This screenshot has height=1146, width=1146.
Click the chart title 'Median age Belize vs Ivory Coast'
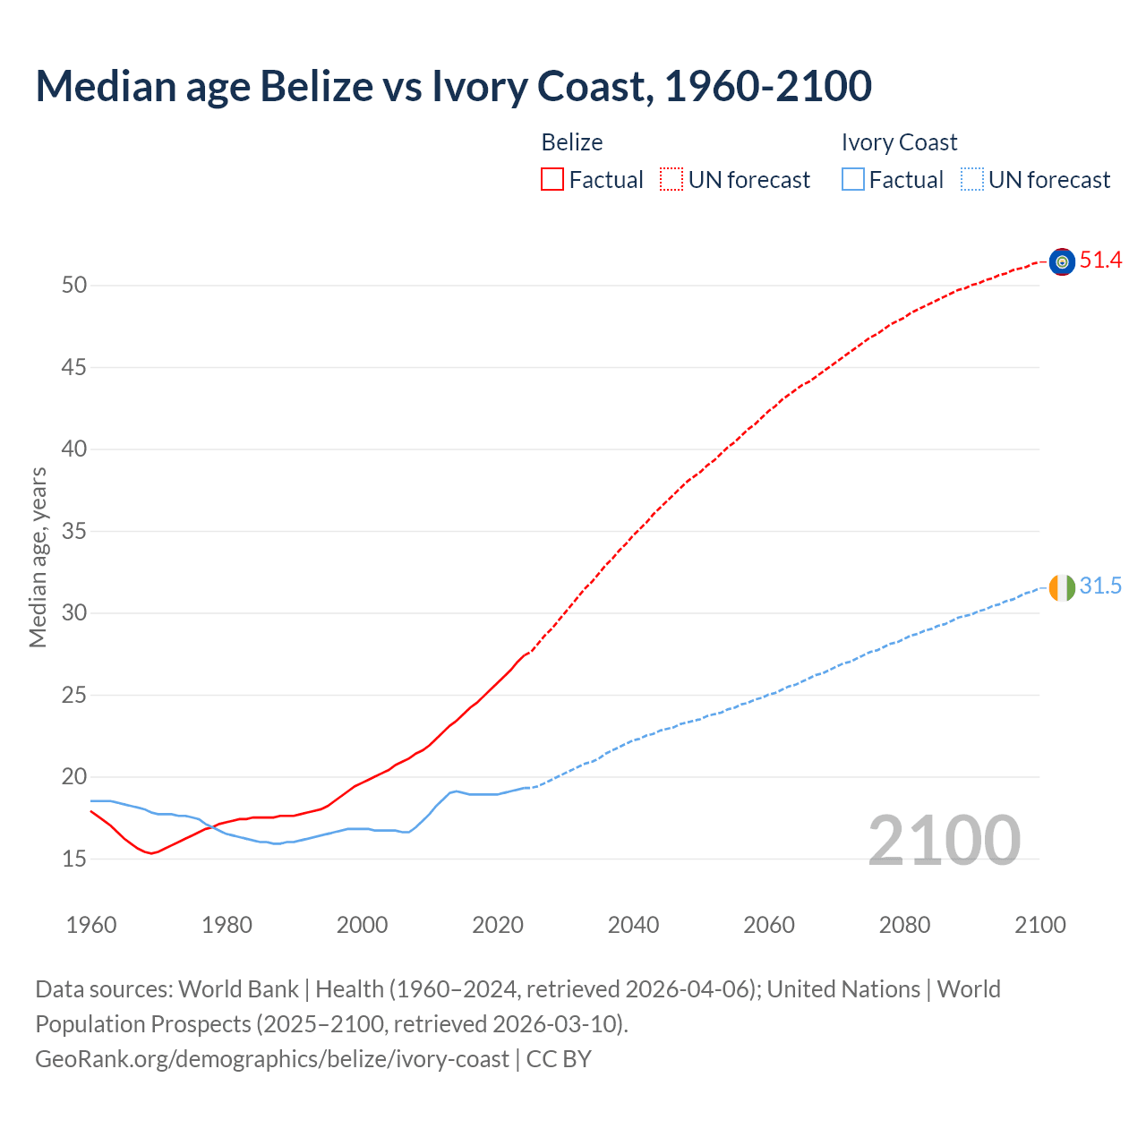tap(453, 87)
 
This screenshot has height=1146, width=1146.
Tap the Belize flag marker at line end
tap(1062, 261)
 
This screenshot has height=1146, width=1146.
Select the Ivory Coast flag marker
tap(1062, 587)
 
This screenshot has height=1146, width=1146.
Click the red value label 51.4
tap(1100, 261)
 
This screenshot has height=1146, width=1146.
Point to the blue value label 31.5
tap(1100, 586)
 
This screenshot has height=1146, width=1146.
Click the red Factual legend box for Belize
tap(552, 180)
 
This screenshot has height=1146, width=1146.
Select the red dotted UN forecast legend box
tap(671, 180)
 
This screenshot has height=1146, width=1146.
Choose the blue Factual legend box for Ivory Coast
tap(853, 180)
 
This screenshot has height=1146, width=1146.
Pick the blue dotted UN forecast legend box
tap(971, 180)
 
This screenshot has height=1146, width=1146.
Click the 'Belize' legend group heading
tap(572, 142)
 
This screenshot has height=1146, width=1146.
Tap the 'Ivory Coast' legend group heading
tap(899, 142)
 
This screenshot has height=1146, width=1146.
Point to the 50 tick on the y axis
tap(74, 286)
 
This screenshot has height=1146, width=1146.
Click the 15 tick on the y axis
tap(74, 859)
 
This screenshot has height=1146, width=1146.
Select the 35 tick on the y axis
tap(74, 532)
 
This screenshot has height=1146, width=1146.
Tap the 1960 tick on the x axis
tap(91, 925)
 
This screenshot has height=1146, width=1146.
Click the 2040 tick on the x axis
tap(633, 925)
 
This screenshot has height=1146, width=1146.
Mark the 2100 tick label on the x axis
tap(1039, 925)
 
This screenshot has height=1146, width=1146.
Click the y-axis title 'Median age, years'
tap(38, 557)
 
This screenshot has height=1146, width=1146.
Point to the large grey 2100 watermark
tap(944, 840)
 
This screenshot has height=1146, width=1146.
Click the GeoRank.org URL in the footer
tap(272, 1059)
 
